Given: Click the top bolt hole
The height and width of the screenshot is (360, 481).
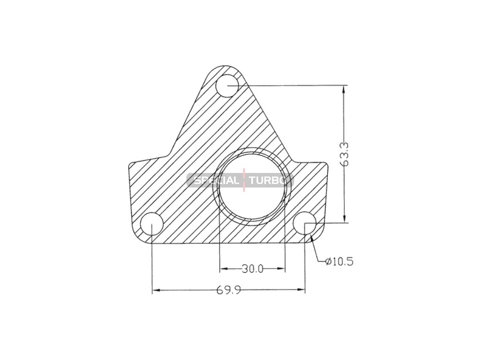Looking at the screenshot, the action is coord(227,85).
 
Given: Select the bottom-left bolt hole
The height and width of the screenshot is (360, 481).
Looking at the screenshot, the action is coord(152,223).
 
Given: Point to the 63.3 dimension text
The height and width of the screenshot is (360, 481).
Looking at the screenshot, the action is coord(345,154).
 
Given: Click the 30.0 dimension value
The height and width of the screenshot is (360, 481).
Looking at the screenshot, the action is coord(252,269).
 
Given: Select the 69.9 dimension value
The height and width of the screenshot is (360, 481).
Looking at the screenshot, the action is coord(229,290).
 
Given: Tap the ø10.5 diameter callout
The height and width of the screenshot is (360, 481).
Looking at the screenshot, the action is coord(340,262).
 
